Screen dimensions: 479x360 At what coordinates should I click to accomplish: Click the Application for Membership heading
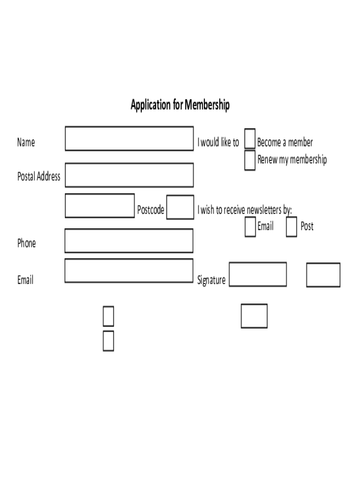[x=180, y=105]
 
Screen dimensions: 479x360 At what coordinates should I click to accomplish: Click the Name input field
[x=129, y=138]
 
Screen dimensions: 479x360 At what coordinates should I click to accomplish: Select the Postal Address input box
[x=129, y=175]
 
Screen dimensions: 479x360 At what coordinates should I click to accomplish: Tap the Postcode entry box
[x=180, y=207]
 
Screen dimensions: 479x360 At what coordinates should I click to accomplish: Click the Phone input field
[x=129, y=241]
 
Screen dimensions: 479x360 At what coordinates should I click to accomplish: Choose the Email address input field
[x=129, y=271]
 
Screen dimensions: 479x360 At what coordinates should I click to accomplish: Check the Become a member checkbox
[x=250, y=139]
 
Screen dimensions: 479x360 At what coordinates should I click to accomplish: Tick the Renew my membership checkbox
[x=250, y=160]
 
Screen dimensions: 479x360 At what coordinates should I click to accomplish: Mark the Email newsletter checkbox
[x=250, y=227]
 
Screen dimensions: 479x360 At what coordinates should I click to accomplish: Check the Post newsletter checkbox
[x=291, y=227]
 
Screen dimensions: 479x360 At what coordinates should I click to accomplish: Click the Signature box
[x=258, y=274]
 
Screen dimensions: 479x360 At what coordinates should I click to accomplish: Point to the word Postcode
[x=151, y=210]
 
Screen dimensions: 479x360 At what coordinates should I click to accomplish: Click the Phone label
[x=27, y=243]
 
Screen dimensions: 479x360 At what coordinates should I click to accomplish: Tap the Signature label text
[x=211, y=280]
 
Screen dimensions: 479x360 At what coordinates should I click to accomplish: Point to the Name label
[x=26, y=142]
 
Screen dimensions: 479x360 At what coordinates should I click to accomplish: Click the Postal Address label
[x=39, y=176]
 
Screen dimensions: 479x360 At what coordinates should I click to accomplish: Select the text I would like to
[x=218, y=142]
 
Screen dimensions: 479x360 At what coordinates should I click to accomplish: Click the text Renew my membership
[x=292, y=160]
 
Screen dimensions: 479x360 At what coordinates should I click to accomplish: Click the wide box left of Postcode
[x=100, y=206]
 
